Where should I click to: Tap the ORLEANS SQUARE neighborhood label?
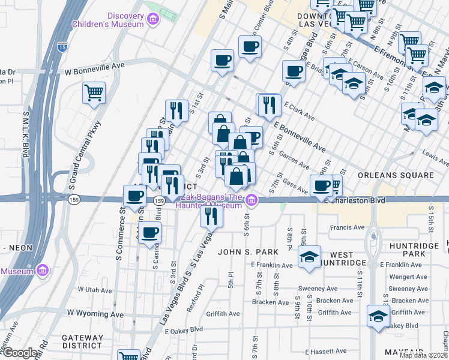click(x=395, y=175)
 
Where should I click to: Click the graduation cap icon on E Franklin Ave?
click(x=309, y=257)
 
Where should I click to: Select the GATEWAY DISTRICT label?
click(x=77, y=341)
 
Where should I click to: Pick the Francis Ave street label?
click(x=351, y=228)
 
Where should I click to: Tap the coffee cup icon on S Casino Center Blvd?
click(x=150, y=232)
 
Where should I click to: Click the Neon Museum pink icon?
click(x=42, y=271)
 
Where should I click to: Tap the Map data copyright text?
click(x=423, y=355)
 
